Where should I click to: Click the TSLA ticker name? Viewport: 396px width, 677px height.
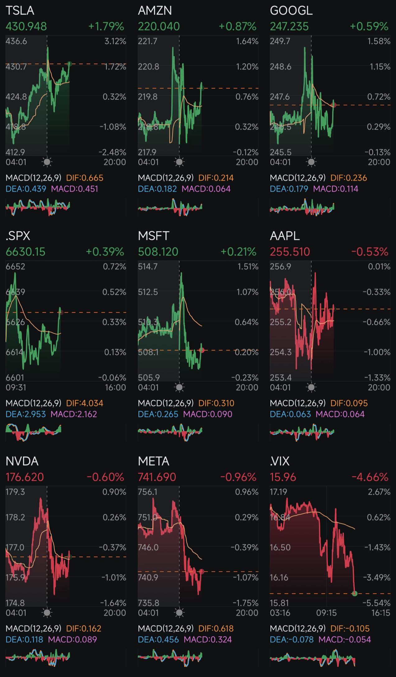click(20, 11)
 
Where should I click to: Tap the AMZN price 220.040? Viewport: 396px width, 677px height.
click(159, 26)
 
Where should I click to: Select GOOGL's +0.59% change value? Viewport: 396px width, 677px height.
click(369, 26)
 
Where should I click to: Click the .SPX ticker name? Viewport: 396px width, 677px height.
click(18, 236)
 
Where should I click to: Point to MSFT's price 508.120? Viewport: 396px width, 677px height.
click(158, 252)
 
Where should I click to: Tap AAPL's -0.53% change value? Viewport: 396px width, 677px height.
click(370, 252)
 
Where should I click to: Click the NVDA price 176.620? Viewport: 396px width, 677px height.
click(25, 477)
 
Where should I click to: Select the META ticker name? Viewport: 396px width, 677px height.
click(153, 461)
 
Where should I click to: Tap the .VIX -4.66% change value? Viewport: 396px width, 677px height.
click(370, 477)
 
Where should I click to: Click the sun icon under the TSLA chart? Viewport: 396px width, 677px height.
click(47, 162)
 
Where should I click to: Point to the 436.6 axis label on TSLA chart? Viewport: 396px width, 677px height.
click(16, 41)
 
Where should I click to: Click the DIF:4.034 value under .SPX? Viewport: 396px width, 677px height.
click(85, 403)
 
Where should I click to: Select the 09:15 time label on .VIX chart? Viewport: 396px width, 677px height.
click(326, 613)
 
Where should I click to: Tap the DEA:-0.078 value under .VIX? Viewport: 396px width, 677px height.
click(291, 639)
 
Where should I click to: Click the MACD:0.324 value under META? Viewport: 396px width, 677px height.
click(208, 639)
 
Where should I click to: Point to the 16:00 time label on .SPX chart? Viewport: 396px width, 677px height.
click(115, 387)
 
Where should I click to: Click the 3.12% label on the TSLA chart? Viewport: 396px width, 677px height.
click(115, 41)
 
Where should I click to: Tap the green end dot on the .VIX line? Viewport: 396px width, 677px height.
click(355, 593)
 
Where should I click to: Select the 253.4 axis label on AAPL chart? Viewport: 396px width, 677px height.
click(281, 377)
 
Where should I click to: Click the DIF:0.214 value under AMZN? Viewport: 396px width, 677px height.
click(216, 178)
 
